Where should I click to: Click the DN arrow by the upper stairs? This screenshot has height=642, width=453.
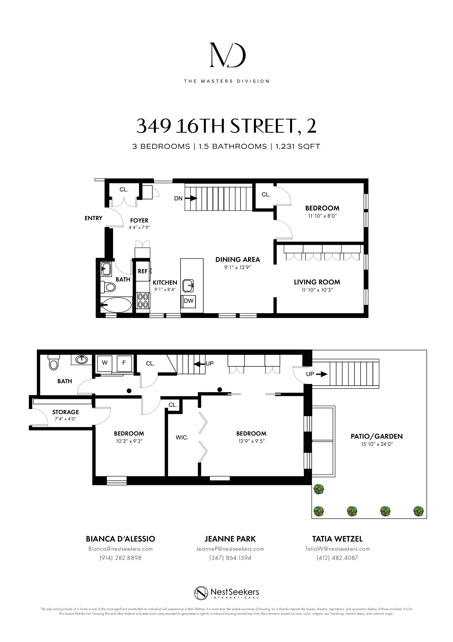[x=193, y=198]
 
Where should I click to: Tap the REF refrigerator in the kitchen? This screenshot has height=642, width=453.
[x=143, y=271]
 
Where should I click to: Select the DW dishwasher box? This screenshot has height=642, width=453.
[x=189, y=301]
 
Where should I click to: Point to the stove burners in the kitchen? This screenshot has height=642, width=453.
[x=143, y=300]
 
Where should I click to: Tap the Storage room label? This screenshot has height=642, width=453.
[x=66, y=412]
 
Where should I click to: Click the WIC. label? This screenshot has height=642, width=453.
[x=182, y=438]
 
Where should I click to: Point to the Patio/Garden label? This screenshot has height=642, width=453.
[x=376, y=436]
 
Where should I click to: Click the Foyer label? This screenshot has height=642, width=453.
[x=139, y=221]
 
